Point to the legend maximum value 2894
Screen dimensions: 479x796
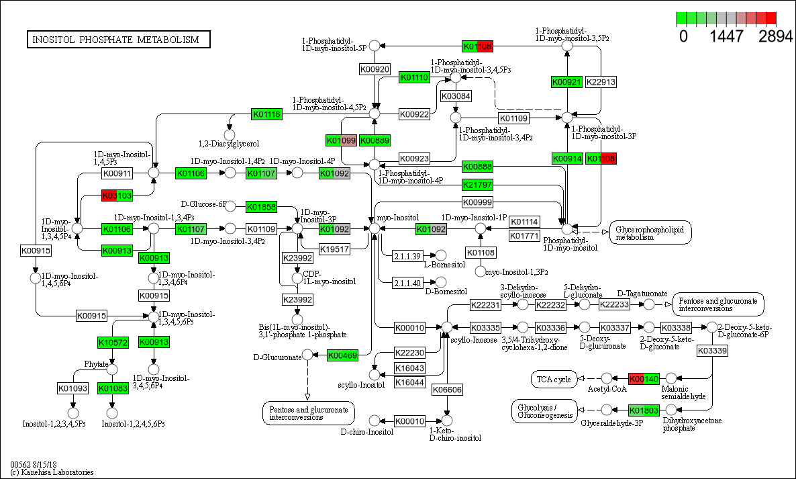point(776,37)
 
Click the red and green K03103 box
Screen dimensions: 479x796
point(117,195)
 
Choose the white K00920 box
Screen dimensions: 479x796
point(375,69)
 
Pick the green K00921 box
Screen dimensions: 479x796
point(566,82)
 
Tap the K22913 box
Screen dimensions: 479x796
point(601,82)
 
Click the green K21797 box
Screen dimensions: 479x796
point(478,185)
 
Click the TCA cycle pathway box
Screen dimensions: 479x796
point(554,380)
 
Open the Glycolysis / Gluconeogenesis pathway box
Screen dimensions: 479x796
point(544,410)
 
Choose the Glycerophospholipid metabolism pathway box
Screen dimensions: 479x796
point(650,232)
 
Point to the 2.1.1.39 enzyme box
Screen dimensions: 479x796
point(407,255)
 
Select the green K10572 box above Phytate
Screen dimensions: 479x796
point(113,343)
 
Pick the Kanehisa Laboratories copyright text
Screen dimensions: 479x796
point(52,472)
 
